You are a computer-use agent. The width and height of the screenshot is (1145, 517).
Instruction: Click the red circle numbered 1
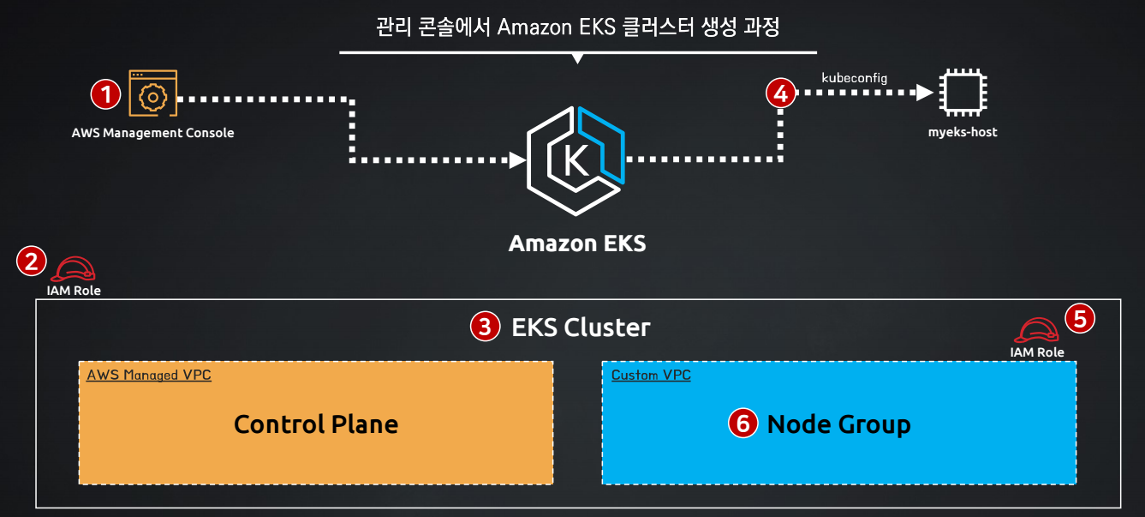[x=106, y=94]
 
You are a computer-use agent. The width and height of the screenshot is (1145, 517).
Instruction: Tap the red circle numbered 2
[x=32, y=261]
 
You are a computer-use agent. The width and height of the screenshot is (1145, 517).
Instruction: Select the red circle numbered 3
[x=485, y=327]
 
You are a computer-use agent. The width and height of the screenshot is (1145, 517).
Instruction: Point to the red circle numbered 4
[x=780, y=93]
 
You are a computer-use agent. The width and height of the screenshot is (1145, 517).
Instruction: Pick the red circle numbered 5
[x=1080, y=318]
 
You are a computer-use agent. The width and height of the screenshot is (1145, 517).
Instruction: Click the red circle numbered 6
[x=742, y=424]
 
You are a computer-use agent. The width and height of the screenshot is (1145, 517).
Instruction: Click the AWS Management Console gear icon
[x=152, y=93]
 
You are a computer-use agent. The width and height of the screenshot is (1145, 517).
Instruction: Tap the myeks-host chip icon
[x=963, y=93]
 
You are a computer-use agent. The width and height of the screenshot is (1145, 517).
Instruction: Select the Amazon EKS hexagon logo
[x=575, y=160]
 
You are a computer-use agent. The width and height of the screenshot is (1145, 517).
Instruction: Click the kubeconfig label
[x=854, y=78]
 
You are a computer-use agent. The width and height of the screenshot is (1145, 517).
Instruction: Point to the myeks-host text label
[x=963, y=132]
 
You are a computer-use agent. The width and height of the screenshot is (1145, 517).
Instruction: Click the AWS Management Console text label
[x=152, y=133]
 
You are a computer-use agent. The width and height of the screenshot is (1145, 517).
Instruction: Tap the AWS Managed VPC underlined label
[x=149, y=376]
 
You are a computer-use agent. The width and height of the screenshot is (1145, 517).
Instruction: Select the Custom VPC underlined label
[x=651, y=376]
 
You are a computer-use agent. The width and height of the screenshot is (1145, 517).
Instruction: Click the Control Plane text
[x=316, y=424]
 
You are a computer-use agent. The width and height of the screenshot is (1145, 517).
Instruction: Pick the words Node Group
[x=838, y=425]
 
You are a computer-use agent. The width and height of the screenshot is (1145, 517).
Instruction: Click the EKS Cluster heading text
[x=581, y=328]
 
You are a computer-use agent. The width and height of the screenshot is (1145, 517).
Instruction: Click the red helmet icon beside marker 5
[x=1036, y=330]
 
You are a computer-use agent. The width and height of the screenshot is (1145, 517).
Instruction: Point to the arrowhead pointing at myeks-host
[x=925, y=93]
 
